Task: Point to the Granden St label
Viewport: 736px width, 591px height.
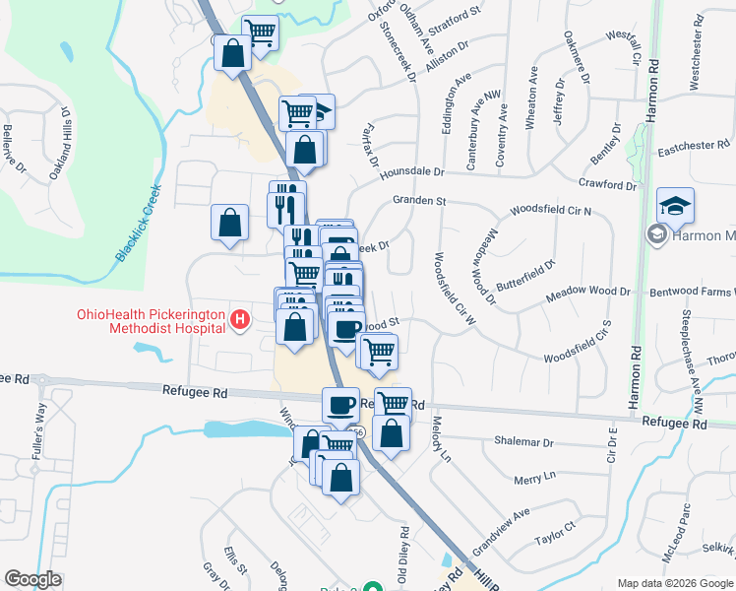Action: coord(419,201)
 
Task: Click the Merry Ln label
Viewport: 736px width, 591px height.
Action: coord(534,477)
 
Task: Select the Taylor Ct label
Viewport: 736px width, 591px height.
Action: coord(554,537)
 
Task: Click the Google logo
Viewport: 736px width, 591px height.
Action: coord(33,579)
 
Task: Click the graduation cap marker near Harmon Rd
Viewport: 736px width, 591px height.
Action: coord(675,205)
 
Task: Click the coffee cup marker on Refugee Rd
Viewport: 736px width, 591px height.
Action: coord(340,403)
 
